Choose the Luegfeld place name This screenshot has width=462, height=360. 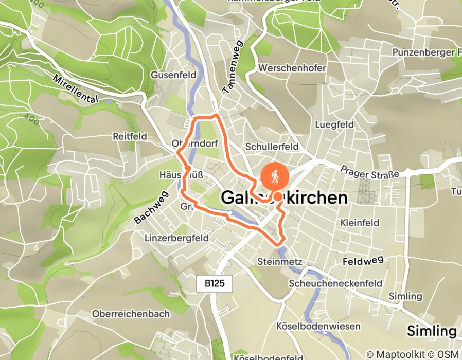coord(334,124)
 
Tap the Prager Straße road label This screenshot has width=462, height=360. coord(370,172)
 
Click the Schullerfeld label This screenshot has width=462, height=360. coord(272,147)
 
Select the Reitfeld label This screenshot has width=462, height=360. coord(130,136)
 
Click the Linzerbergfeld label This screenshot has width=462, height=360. coord(176,238)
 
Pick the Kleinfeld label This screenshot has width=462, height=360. coord(360,223)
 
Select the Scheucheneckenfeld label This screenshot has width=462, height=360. coord(335,283)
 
